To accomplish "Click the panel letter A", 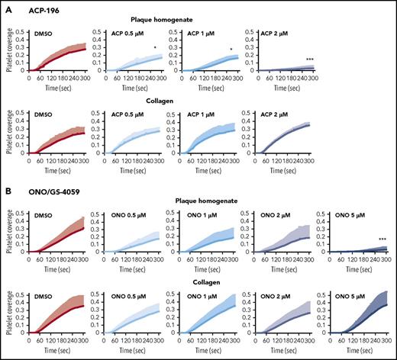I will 6,6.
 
